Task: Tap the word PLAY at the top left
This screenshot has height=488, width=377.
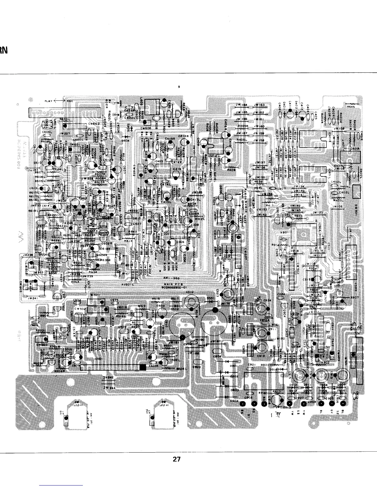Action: (49, 101)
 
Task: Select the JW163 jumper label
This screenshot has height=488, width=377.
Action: (260, 105)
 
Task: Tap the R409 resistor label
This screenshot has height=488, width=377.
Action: (231, 169)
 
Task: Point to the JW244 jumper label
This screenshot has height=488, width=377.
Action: (110, 387)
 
